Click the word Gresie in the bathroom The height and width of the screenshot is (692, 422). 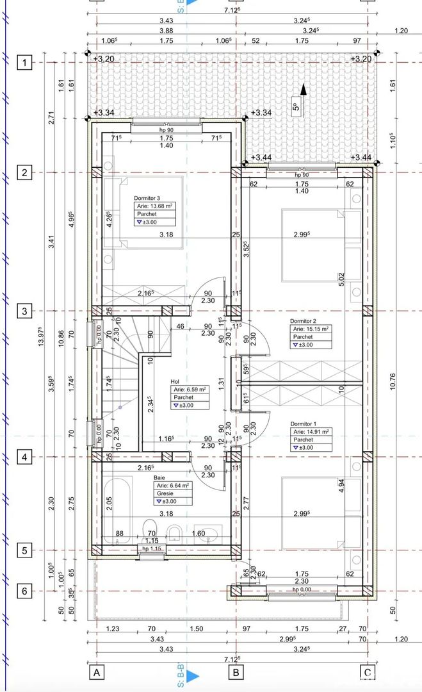pyautogui.click(x=162, y=494)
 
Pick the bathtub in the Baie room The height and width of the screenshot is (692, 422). pyautogui.click(x=118, y=506)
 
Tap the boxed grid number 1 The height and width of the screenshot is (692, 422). pyautogui.click(x=24, y=63)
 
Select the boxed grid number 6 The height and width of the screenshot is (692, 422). pyautogui.click(x=24, y=591)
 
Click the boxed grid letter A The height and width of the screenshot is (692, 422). pyautogui.click(x=97, y=673)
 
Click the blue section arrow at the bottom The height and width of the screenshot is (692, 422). pyautogui.click(x=194, y=675)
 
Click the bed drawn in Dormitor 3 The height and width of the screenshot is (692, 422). pyautogui.click(x=149, y=211)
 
